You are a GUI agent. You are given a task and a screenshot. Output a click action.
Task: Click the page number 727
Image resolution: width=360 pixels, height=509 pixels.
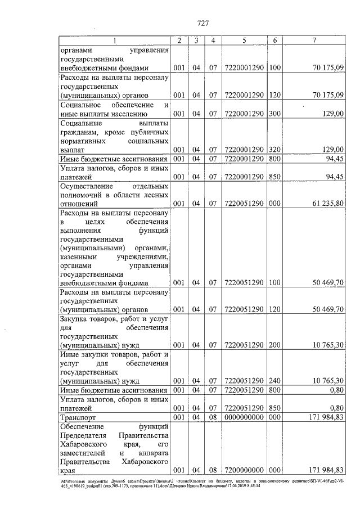point(203,23)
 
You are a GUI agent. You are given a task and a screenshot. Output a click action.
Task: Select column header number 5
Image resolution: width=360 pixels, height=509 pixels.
point(245,40)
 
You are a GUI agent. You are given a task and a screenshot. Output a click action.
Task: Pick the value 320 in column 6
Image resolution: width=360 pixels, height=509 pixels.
point(274,149)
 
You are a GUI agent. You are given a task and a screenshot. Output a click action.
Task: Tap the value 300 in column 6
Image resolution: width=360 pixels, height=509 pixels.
point(274,114)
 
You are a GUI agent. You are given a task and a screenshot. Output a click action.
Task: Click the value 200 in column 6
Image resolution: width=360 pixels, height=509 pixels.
point(274,344)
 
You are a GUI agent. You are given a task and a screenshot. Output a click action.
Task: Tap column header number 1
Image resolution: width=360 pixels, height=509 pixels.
point(115,40)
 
